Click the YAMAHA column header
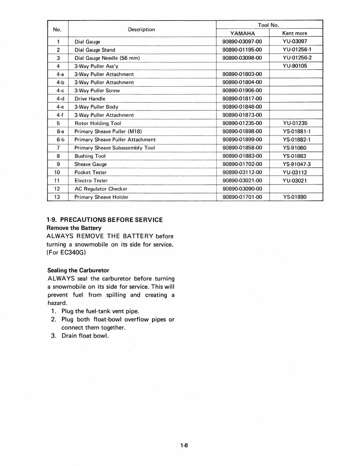pos(243,33)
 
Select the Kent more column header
pos(295,33)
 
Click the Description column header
pos(141,29)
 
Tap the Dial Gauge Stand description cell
pos(95,50)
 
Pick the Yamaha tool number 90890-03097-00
pos(242,42)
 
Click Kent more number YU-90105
pos(295,66)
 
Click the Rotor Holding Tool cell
pos(98,123)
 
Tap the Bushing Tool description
pos(90,156)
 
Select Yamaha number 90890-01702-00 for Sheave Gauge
pos(242,164)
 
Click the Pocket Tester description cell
pos(90,172)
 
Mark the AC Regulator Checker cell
pos(101,189)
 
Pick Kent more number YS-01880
pos(295,197)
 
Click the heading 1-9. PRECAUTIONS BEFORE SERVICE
pos(105,220)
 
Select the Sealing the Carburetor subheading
pos(78,270)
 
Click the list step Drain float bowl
pos(85,335)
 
